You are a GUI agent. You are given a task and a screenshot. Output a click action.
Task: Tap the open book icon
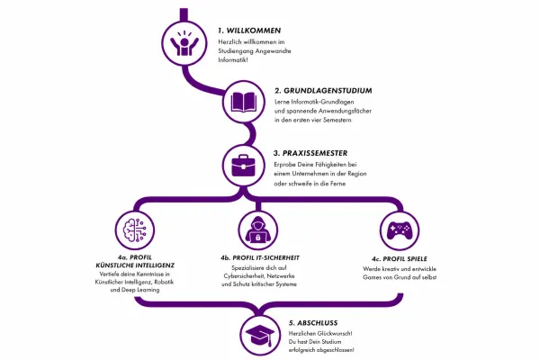tap(244, 102)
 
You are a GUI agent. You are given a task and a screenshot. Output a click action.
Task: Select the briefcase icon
tap(243, 166)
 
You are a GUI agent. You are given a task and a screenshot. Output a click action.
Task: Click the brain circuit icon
tap(135, 230)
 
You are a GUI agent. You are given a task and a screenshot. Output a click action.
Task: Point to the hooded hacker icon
tap(258, 229)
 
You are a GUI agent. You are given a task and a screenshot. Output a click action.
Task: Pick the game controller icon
tap(399, 230)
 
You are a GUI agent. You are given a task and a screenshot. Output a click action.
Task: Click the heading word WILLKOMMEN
tap(254, 31)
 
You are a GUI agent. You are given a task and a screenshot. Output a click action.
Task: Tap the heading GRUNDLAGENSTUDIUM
tap(328, 91)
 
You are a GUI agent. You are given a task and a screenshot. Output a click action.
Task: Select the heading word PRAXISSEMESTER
tap(315, 153)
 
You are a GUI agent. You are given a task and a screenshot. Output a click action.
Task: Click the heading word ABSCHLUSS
tap(317, 323)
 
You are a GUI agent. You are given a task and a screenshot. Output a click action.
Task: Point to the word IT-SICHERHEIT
tap(277, 257)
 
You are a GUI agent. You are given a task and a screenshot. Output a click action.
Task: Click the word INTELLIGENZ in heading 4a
tap(156, 265)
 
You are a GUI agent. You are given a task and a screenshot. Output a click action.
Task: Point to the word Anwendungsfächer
tap(345, 111)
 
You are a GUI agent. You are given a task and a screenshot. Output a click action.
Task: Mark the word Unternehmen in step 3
tap(308, 174)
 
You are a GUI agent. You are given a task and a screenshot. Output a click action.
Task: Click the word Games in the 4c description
tap(371, 277)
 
